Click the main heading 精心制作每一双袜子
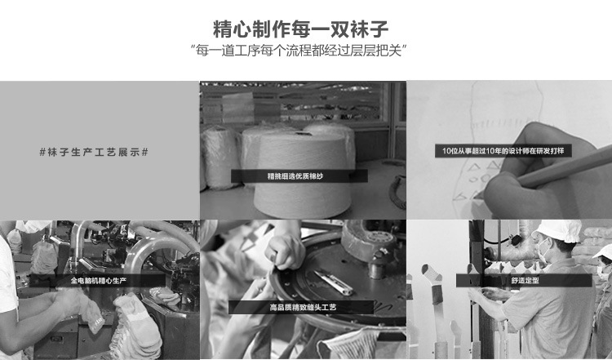[x=300, y=29]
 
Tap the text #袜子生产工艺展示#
[x=94, y=152]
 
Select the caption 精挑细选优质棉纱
[x=295, y=176]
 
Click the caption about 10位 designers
[x=503, y=151]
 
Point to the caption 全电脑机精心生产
[x=99, y=280]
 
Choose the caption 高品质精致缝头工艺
[x=303, y=307]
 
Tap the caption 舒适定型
[x=525, y=280]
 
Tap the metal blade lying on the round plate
[x=334, y=282]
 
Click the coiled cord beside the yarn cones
[x=397, y=192]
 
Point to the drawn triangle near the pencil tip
[x=474, y=167]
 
